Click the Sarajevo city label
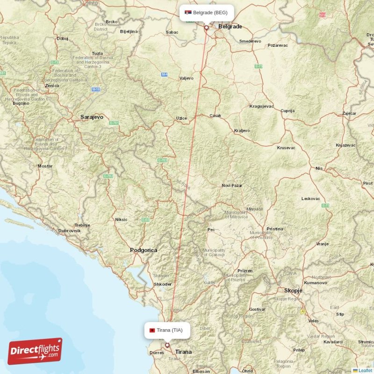(x=92, y=117)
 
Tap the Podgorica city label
(x=144, y=250)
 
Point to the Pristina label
(x=275, y=229)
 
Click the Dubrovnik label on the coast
(x=70, y=230)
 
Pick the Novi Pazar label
(x=232, y=186)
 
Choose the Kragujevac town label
(x=262, y=106)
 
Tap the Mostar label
(x=45, y=166)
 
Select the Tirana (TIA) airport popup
(x=167, y=330)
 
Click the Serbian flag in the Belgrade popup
(x=188, y=13)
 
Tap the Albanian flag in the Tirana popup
(x=152, y=330)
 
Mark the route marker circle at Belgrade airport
(x=206, y=28)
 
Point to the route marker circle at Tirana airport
(x=167, y=345)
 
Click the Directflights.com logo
(x=35, y=351)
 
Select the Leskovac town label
(x=310, y=199)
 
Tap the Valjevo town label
(x=187, y=78)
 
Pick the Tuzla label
(x=98, y=53)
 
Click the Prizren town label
(x=245, y=271)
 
